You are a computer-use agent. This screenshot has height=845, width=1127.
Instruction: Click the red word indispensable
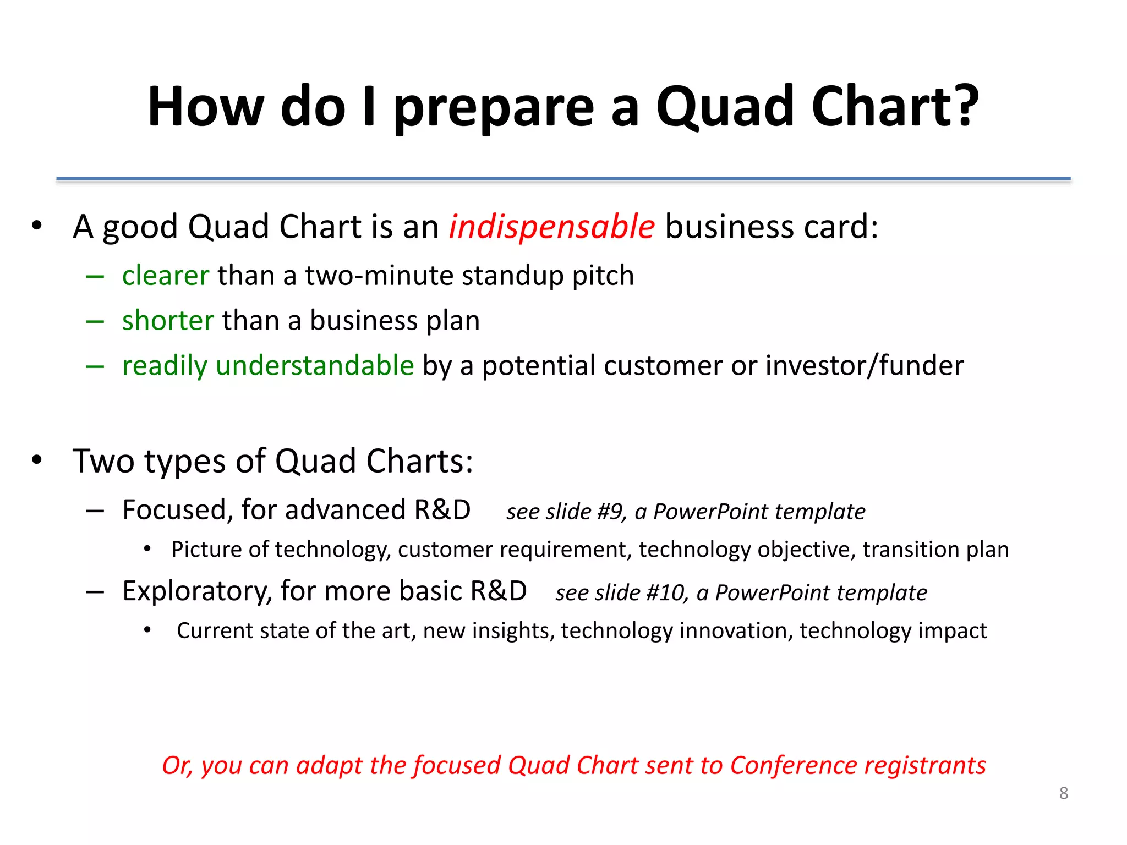[x=551, y=227]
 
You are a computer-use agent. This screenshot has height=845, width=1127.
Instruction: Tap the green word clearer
[x=166, y=275]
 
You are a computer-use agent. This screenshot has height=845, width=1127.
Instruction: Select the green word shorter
[x=168, y=320]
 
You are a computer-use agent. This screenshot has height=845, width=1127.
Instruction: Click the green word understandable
[x=315, y=365]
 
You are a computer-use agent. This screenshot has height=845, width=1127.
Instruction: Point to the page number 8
[x=1064, y=793]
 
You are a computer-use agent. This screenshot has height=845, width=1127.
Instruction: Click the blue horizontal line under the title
[x=563, y=179]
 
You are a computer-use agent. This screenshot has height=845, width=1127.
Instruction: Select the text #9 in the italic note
[x=610, y=512]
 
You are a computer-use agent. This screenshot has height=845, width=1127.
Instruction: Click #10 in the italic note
[x=665, y=593]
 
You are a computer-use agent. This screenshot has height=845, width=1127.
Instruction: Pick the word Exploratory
[x=197, y=591]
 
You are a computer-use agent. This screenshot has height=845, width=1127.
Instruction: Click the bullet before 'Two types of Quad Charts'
[x=37, y=460]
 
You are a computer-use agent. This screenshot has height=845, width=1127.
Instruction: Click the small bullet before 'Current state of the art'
[x=147, y=630]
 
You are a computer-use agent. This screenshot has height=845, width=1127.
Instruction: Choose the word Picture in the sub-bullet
[x=206, y=550]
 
